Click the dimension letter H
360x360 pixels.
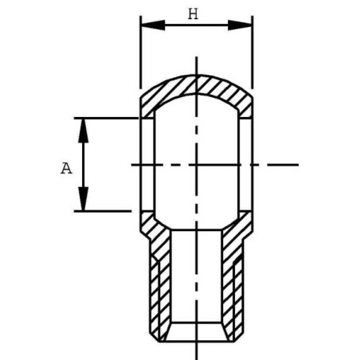pos(193,14)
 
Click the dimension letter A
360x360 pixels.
pos(66,167)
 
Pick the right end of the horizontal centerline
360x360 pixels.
pos(297,164)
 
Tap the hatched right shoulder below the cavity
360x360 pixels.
pos(240,227)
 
